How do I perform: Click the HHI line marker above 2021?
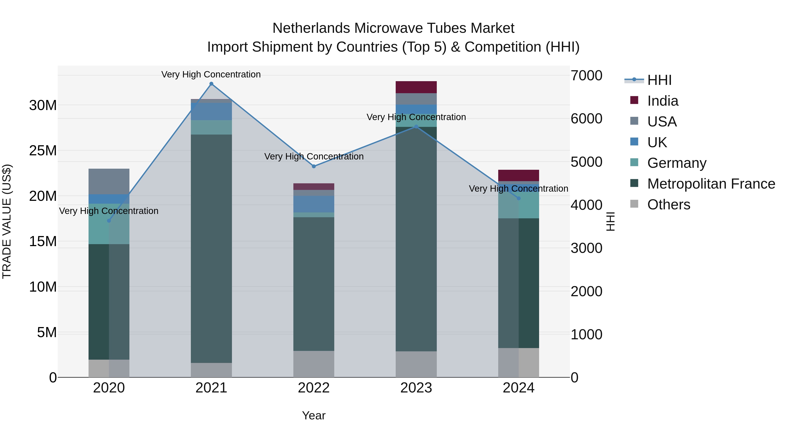coord(211,84)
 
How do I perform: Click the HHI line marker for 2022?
coord(314,166)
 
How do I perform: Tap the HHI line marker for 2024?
coord(519,198)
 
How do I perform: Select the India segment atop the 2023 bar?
coord(416,87)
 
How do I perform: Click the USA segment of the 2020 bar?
coord(109,181)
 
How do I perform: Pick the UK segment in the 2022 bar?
coord(314,204)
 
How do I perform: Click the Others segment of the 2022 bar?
coord(314,364)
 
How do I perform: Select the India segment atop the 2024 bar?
coord(519,175)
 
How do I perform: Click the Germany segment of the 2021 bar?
coord(211,127)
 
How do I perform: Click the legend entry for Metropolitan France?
coord(711,184)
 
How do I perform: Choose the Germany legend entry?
coord(676,163)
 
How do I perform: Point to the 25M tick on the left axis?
coord(43,151)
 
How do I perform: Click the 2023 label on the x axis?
coord(416,388)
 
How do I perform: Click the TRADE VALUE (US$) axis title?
coord(7,221)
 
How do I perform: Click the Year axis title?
coord(314,415)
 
